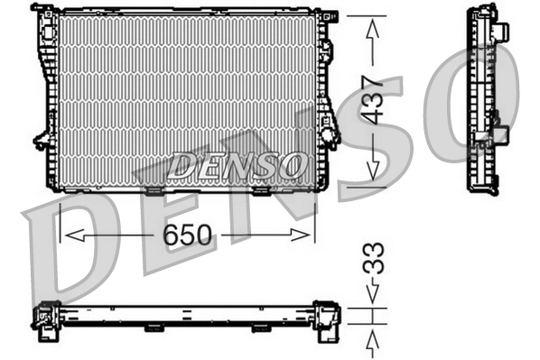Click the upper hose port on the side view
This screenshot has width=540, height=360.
point(499,31)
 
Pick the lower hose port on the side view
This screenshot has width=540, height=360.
point(498,137)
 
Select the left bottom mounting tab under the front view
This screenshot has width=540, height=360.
point(153,190)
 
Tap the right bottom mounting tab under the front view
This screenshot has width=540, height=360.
point(261,190)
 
